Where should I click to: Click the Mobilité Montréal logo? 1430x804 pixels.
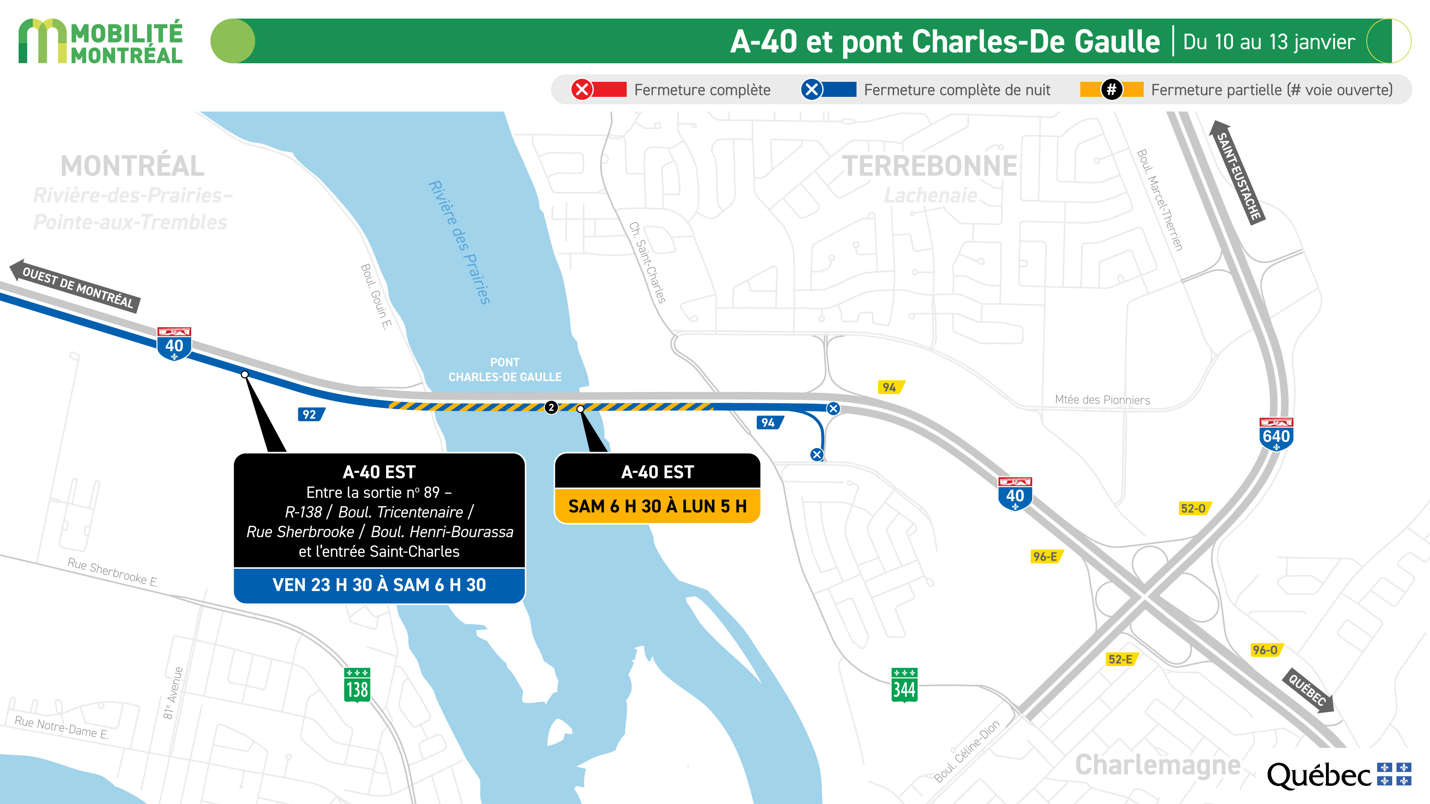click(100, 41)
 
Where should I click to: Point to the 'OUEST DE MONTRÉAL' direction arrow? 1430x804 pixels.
click(75, 286)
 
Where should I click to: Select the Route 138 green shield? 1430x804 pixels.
click(357, 685)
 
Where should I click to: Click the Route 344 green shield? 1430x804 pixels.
click(904, 685)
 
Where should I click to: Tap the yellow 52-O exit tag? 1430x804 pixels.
click(1194, 508)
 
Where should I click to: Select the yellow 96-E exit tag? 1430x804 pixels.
click(1046, 556)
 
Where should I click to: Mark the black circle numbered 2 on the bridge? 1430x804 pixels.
click(551, 407)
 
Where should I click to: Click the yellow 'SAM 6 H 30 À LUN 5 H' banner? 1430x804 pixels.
click(657, 506)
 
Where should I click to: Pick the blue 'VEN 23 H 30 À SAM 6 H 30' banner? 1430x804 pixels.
click(379, 585)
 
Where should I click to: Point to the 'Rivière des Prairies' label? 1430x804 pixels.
click(459, 243)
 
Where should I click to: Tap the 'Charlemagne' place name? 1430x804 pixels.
click(1158, 765)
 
